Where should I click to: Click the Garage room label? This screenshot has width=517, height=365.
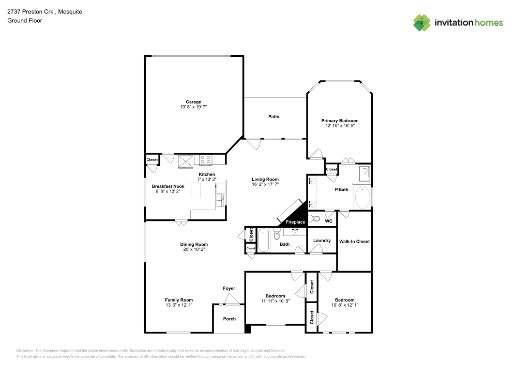click(193, 102)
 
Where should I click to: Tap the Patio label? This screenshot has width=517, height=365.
click(273, 117)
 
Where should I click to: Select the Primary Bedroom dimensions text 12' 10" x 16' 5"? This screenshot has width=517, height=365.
click(339, 126)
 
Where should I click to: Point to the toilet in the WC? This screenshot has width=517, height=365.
click(315, 219)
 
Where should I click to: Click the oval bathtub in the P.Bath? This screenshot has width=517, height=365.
click(363, 197)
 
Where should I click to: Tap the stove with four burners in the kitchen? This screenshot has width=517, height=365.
click(205, 160)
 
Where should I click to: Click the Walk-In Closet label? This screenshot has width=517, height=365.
click(354, 241)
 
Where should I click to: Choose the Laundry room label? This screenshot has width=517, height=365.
click(322, 241)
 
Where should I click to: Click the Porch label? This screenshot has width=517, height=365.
click(229, 319)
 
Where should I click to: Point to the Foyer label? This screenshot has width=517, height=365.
click(229, 288)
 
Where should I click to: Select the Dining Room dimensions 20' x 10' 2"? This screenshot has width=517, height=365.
click(194, 250)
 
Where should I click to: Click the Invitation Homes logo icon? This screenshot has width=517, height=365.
click(421, 22)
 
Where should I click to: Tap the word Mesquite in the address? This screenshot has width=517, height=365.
click(71, 11)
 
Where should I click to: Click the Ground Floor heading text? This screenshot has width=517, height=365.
click(24, 21)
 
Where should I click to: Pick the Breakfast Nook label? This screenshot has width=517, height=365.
click(168, 186)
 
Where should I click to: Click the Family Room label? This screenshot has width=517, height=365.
click(179, 300)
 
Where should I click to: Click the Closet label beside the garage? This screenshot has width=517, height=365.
click(152, 160)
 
